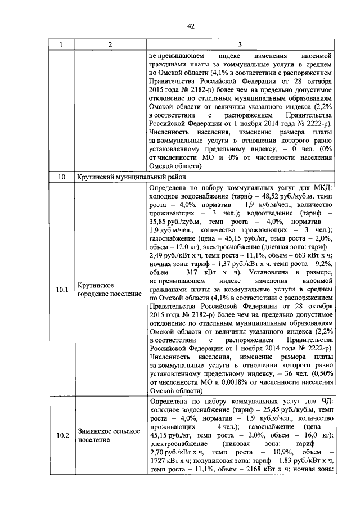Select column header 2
pyautogui.click(x=110, y=44)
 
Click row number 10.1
pyautogui.click(x=62, y=290)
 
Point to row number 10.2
pyautogui.click(x=62, y=436)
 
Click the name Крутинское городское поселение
pyautogui.click(x=109, y=290)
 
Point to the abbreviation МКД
pyautogui.click(x=322, y=187)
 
